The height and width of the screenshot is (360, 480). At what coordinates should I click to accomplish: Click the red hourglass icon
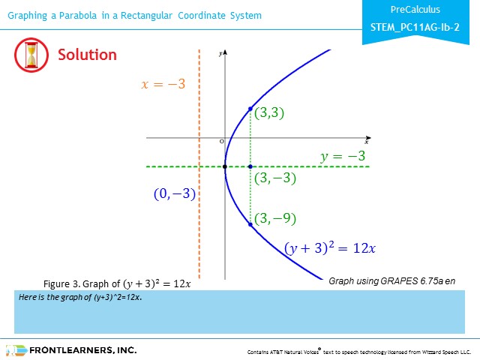[31, 55]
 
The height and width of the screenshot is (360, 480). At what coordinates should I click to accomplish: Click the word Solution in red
[87, 55]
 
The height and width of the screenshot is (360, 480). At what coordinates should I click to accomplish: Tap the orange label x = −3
[163, 84]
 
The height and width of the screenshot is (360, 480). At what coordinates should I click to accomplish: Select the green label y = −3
[343, 156]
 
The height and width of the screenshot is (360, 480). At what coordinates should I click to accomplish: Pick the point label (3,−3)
[275, 178]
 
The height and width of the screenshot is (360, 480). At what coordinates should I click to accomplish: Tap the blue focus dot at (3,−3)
[250, 166]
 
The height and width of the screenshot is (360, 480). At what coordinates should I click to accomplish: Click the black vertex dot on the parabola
[225, 166]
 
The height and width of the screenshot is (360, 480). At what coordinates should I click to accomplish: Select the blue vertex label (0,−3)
[175, 193]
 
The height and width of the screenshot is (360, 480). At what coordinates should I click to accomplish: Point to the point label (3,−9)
[275, 218]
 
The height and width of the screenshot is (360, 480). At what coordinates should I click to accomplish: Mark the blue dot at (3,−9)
[250, 224]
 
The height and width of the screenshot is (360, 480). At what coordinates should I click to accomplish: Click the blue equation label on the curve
[330, 248]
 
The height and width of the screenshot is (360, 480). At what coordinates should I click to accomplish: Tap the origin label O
[222, 142]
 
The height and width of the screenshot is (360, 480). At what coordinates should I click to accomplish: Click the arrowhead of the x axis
[368, 138]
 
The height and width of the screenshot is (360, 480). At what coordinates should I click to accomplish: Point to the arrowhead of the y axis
[225, 52]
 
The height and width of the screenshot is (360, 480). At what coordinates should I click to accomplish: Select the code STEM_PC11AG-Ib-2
[415, 28]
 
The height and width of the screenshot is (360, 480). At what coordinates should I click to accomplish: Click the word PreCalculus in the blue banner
[415, 10]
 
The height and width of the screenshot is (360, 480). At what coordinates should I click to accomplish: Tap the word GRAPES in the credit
[399, 281]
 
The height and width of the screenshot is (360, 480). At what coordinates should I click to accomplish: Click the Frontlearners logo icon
[16, 350]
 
